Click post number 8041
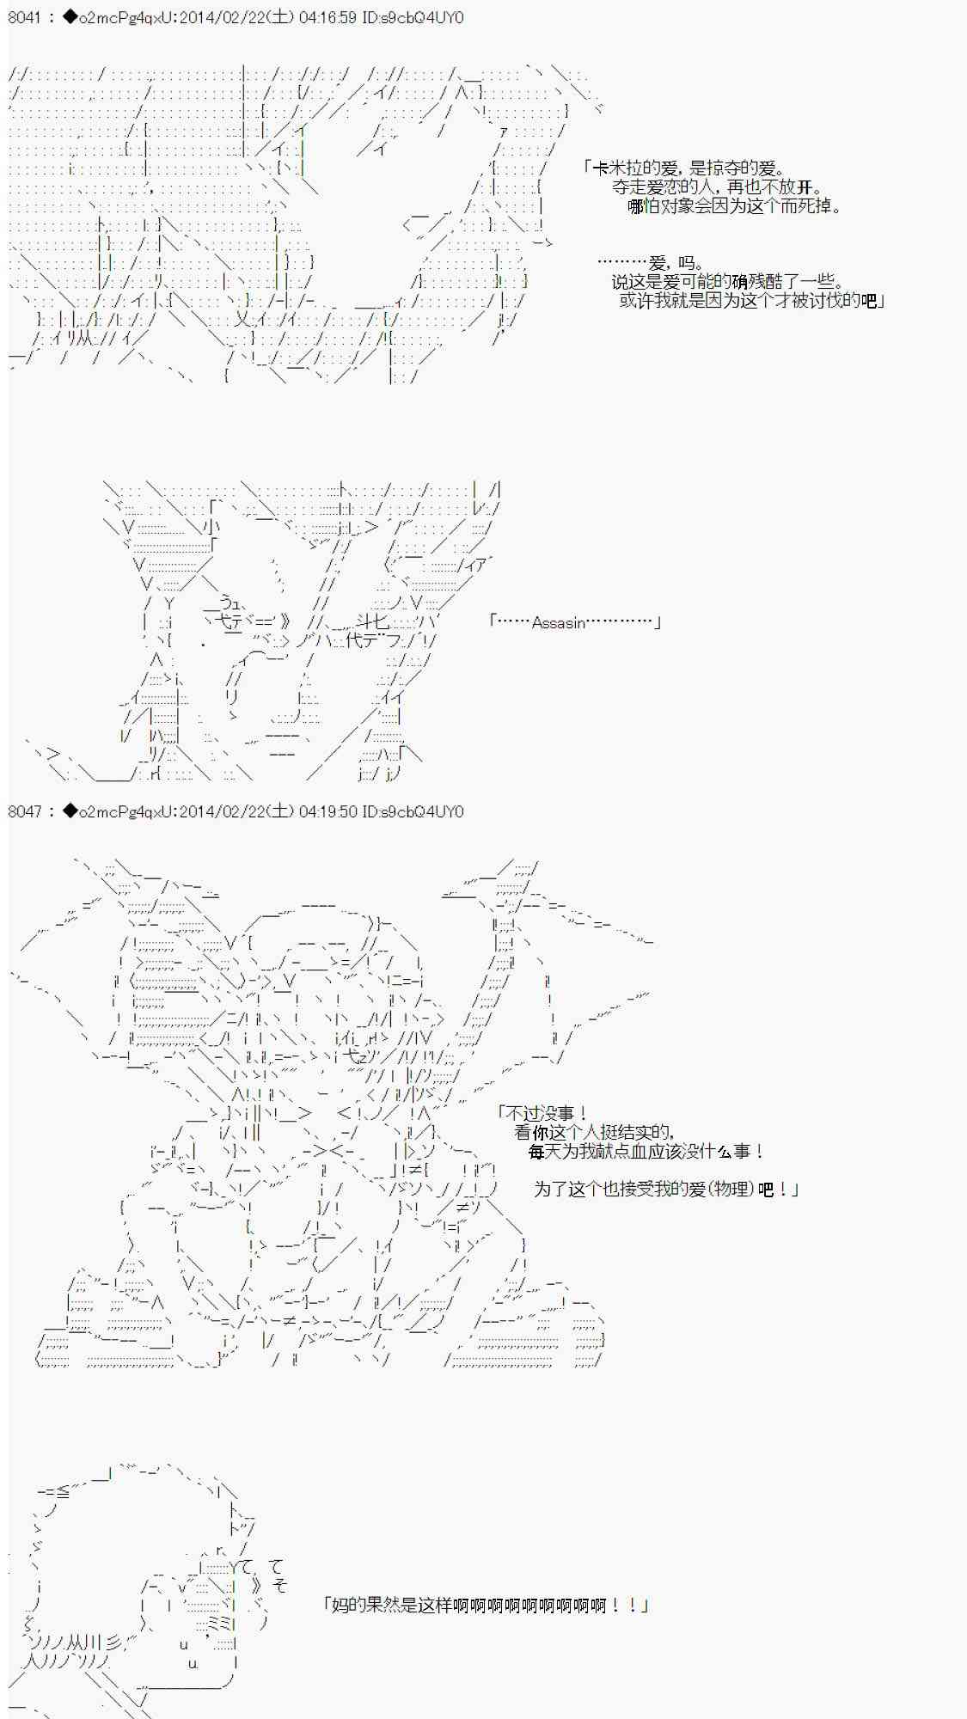point(25,17)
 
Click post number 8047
point(25,811)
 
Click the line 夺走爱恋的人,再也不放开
point(717,187)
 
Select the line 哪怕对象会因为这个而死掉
point(734,206)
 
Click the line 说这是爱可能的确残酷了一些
point(727,282)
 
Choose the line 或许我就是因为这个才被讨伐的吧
point(752,301)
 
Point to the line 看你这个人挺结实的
point(593,1133)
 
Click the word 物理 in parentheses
point(733,1190)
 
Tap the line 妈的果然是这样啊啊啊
point(485,1605)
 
